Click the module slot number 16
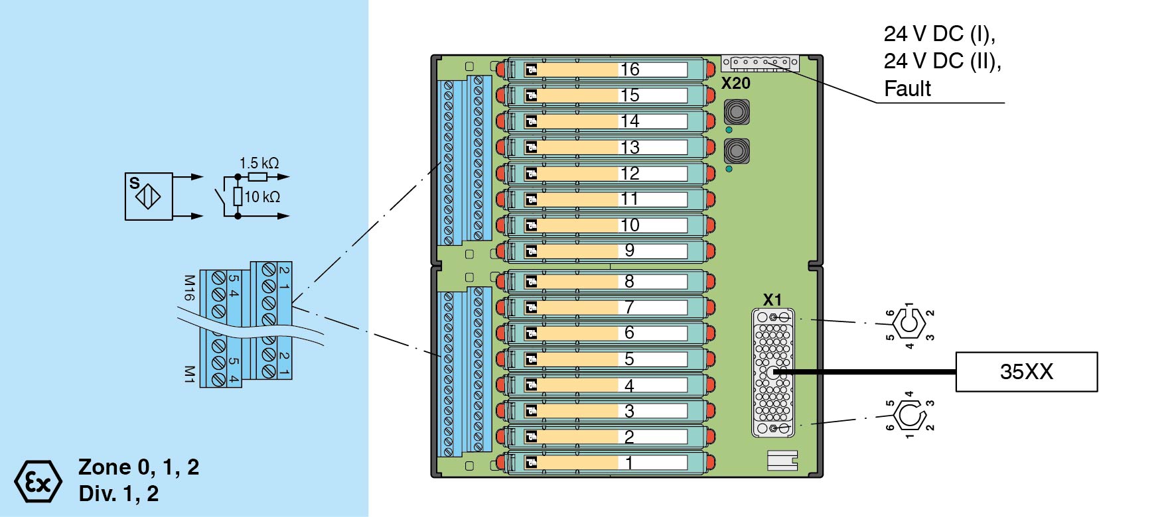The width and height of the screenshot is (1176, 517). (630, 70)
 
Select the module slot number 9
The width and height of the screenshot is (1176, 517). (630, 251)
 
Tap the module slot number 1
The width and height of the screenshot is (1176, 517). (629, 463)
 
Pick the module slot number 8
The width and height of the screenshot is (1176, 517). (629, 282)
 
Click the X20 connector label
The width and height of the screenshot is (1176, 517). (735, 84)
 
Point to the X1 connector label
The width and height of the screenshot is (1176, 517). (772, 300)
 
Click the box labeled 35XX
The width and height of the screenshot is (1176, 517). (1026, 372)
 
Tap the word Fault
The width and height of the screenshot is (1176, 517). (907, 89)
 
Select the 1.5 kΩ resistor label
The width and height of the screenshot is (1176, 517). (259, 163)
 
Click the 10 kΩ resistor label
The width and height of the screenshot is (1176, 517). (262, 197)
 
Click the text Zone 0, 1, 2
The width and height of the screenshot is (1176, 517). (139, 467)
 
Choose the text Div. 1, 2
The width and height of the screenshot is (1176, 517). (119, 494)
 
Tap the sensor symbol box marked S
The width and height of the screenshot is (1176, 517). (149, 196)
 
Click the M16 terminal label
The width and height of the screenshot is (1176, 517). (189, 288)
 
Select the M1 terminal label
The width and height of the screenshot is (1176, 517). (189, 374)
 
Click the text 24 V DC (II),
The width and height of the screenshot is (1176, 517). (942, 61)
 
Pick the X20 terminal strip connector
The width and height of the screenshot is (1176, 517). (760, 63)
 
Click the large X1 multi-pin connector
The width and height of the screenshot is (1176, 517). (772, 373)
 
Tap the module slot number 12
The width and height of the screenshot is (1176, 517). (630, 174)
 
